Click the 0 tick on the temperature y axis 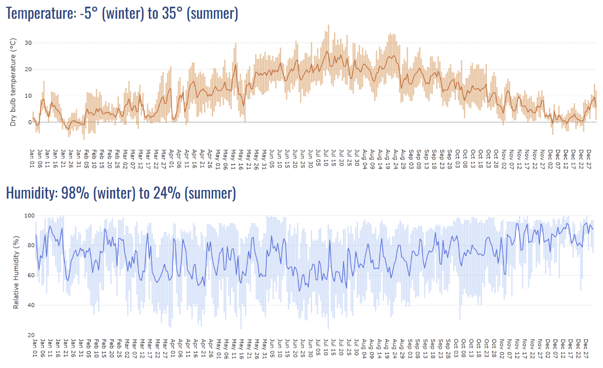point(30,122)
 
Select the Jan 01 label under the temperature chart point(33,160)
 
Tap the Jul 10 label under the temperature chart point(326,160)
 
